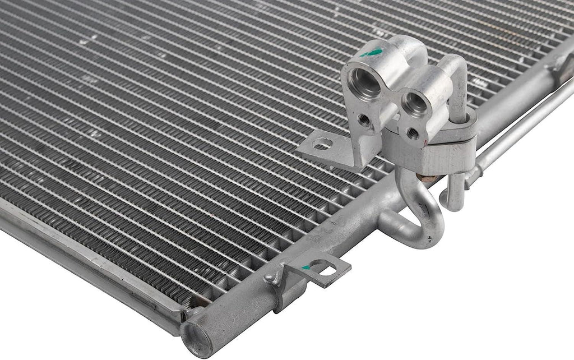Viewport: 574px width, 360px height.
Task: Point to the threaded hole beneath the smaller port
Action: tap(413, 133)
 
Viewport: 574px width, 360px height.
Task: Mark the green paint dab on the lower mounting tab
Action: tap(305, 267)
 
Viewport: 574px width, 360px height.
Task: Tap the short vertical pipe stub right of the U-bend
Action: tap(455, 193)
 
